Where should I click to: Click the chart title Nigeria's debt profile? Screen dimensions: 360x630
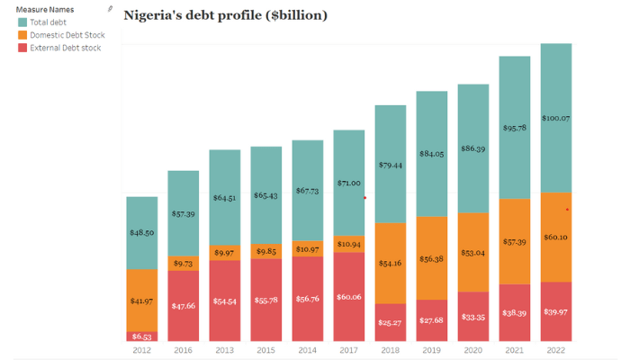[225, 15]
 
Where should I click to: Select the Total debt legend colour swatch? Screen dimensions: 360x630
[22, 22]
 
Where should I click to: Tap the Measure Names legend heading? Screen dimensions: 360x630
[44, 9]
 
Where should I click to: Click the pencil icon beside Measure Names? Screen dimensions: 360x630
[110, 8]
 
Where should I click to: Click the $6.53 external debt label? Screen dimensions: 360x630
[141, 336]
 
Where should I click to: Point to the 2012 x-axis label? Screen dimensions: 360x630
[141, 349]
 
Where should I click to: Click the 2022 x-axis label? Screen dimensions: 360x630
[554, 349]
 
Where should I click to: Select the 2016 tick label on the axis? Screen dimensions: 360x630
[183, 349]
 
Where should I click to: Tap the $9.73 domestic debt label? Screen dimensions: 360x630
[183, 263]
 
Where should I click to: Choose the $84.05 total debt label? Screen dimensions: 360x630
[431, 153]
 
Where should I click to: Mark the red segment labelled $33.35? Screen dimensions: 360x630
[472, 317]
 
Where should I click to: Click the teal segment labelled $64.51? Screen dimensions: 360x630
[224, 197]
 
